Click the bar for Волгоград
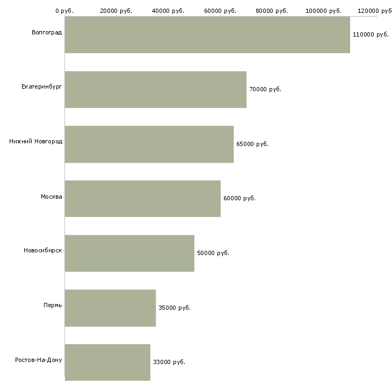[207, 35]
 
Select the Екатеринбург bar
[156, 90]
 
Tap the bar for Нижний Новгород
[149, 144]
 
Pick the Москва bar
[143, 199]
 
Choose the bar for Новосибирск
[129, 253]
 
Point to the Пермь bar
[110, 308]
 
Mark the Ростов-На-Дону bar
[107, 362]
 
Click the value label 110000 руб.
[371, 34]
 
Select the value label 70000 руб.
[265, 89]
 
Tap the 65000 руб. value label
[252, 144]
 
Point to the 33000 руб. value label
[169, 362]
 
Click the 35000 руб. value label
[175, 308]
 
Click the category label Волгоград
[47, 33]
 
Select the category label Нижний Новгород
[36, 142]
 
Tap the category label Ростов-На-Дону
[39, 360]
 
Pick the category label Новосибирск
[43, 250]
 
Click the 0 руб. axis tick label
[64, 11]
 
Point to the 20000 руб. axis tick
[116, 11]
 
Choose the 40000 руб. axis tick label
[168, 11]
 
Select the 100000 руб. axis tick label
[323, 11]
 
